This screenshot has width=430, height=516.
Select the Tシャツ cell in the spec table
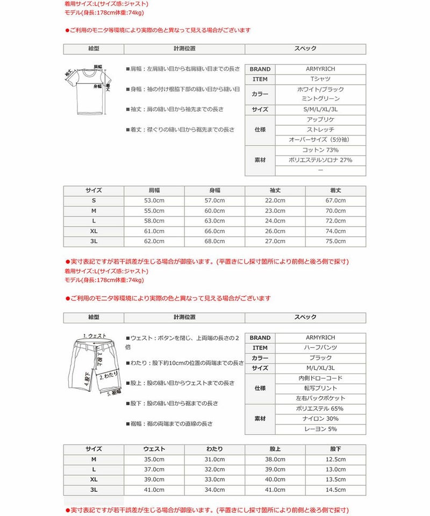[320, 79]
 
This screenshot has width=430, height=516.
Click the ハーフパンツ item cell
[320, 348]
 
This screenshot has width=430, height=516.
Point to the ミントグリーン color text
[320, 99]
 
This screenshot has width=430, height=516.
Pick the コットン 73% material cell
[320, 150]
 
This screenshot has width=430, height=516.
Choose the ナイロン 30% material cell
[320, 419]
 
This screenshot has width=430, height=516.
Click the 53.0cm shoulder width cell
[154, 200]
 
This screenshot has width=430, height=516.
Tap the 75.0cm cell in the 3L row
[335, 241]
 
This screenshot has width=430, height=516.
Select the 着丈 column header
[335, 190]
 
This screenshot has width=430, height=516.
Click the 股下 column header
[335, 449]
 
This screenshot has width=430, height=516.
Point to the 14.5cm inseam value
[335, 490]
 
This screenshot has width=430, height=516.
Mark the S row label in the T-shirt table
[94, 200]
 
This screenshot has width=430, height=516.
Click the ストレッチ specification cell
[320, 130]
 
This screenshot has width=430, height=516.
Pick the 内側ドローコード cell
[320, 378]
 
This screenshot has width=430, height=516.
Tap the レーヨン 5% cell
[320, 429]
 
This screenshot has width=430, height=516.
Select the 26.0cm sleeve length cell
[275, 231]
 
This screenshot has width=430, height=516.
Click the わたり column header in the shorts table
[214, 449]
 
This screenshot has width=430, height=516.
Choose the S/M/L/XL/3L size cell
[320, 110]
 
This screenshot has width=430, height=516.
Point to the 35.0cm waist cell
[154, 459]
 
